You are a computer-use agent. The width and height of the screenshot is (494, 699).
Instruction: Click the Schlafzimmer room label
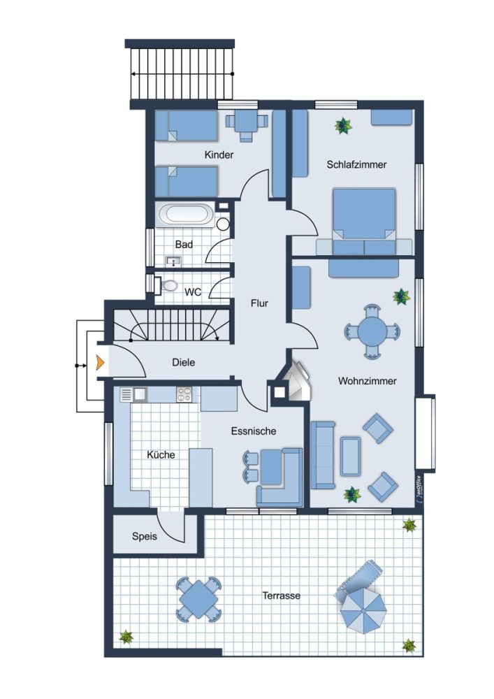356,164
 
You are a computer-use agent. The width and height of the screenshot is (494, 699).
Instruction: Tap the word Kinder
219,154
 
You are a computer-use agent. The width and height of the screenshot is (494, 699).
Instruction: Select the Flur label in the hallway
259,303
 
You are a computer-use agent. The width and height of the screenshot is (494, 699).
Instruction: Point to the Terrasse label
281,596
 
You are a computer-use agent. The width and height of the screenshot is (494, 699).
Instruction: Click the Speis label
145,536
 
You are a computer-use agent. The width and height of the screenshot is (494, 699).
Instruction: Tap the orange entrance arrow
100,363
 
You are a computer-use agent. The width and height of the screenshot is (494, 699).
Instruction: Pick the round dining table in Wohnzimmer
372,331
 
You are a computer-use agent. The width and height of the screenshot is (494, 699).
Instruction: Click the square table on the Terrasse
198,599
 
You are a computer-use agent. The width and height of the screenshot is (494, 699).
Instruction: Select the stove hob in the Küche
184,394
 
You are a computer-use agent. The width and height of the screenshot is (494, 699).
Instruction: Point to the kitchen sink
133,394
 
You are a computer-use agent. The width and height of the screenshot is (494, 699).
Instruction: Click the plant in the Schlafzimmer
343,126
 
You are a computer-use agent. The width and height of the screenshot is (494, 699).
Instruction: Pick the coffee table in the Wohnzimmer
351,456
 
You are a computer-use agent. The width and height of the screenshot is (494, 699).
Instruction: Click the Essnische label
254,431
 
